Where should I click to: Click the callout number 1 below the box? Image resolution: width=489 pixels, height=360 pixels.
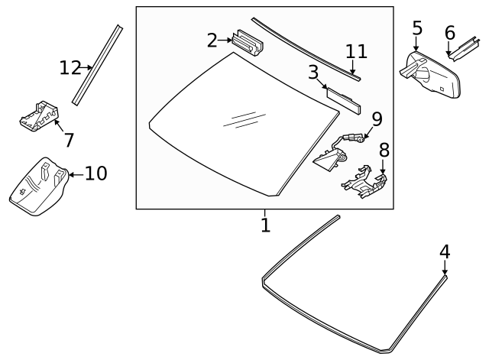point(265,225)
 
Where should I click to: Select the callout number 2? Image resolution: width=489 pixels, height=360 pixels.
point(212,40)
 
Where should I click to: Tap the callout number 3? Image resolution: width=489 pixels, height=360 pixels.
point(313,73)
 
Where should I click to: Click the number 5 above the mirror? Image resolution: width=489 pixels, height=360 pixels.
point(416,29)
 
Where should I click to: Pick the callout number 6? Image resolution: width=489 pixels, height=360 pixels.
point(449,33)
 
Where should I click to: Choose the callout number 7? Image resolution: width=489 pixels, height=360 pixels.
point(69,140)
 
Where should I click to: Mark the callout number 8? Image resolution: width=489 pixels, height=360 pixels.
point(384,149)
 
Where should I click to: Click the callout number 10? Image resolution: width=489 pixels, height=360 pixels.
point(96,174)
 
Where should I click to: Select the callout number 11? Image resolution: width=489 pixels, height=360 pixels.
point(356,51)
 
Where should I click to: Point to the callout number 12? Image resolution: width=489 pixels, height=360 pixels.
point(70,68)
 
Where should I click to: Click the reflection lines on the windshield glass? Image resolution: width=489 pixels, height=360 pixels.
point(239,118)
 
